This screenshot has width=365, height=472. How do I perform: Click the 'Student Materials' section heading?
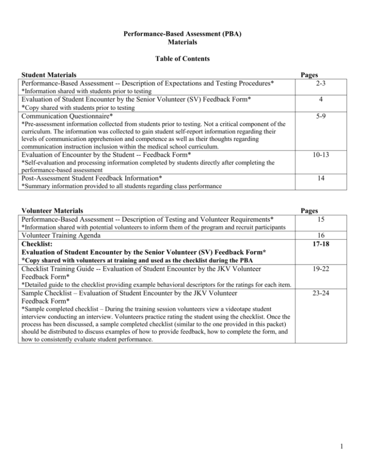pyautogui.click(x=51, y=75)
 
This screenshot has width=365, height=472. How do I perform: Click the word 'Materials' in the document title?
pyautogui.click(x=182, y=42)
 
